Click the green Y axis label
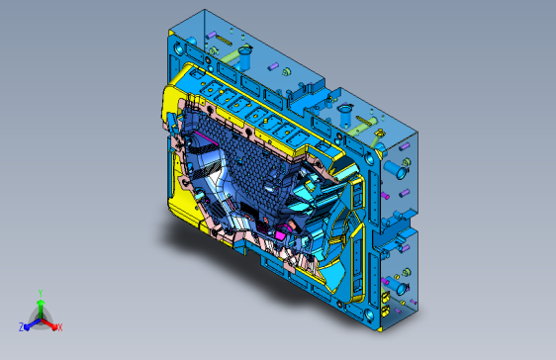click(40, 292)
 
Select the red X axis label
click(59, 326)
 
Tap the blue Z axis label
click(21, 326)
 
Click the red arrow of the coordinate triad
click(50, 322)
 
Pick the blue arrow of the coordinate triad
click(30, 322)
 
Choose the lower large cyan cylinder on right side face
click(401, 287)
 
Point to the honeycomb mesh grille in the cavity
click(252, 168)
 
